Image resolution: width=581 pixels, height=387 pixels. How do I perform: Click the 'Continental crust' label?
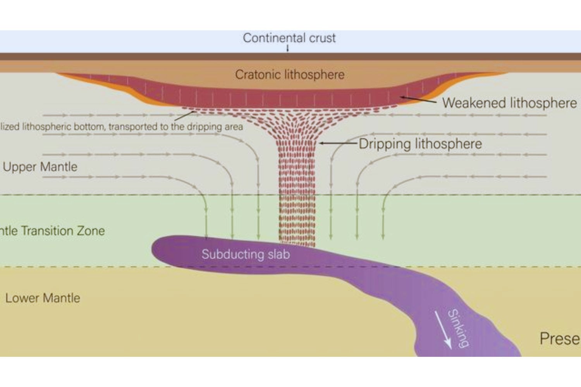289,38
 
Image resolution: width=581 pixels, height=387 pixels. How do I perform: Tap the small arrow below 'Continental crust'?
287,48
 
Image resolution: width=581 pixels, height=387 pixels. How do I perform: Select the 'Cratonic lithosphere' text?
290,74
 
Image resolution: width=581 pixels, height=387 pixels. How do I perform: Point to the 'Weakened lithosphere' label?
509,103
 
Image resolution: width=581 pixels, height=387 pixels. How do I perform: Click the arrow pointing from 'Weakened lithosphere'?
418,99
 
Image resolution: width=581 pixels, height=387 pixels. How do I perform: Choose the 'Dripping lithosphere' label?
420,144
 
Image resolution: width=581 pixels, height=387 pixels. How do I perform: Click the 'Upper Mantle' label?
40,167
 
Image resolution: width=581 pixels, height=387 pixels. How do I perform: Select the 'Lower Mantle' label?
43,298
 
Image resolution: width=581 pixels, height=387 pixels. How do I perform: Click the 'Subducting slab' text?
246,254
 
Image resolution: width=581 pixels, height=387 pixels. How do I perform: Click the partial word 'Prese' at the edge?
560,339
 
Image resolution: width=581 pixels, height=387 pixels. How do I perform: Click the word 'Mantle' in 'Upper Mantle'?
59,167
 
